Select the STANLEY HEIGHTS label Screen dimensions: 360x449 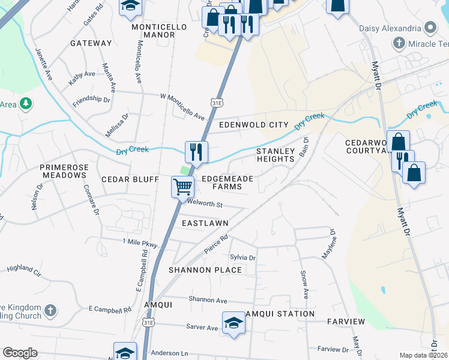click(x=276, y=155)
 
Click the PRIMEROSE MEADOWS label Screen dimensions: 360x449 click(x=63, y=171)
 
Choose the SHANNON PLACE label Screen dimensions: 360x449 click(x=205, y=270)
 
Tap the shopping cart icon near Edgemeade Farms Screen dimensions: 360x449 click(x=182, y=187)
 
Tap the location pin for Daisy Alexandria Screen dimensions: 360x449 click(x=430, y=28)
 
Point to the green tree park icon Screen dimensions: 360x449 click(x=25, y=104)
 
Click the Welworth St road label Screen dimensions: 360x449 click(x=205, y=205)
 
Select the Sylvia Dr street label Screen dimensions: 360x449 click(x=243, y=257)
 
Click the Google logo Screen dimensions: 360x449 click(x=20, y=353)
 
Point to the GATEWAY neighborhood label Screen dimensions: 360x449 click(x=91, y=43)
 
